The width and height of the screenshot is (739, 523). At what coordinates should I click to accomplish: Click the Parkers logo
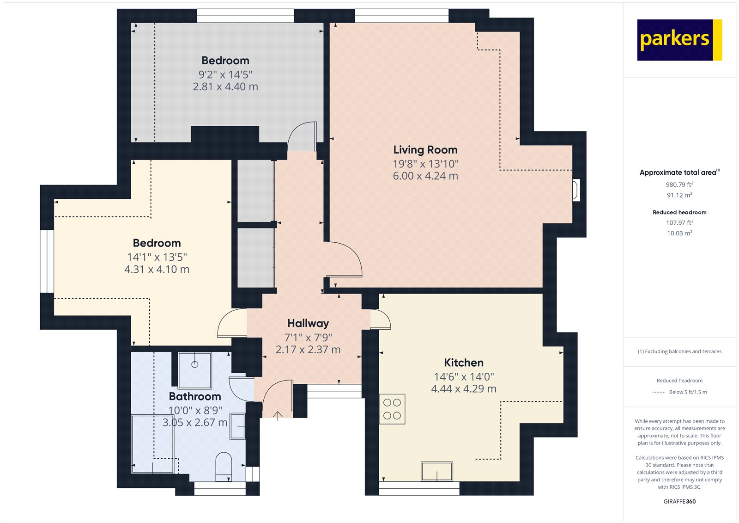679,40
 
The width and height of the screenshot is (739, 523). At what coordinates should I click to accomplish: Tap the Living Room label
425,150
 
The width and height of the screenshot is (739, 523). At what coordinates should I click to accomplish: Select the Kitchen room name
463,363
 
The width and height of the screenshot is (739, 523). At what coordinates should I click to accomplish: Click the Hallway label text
308,323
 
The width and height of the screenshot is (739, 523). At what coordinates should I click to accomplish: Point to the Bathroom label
194,396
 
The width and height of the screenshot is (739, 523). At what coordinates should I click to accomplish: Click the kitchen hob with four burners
392,409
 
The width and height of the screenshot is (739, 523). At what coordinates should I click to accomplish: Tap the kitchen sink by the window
436,471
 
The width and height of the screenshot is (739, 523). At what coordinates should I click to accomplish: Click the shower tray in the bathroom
194,370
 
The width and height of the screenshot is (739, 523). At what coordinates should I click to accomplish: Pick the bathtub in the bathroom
152,444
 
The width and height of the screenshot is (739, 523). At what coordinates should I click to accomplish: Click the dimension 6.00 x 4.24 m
425,176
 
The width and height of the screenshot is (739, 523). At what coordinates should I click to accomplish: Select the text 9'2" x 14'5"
225,74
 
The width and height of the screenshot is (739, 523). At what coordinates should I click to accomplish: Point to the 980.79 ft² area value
679,185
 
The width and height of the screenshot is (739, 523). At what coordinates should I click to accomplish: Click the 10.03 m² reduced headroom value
679,233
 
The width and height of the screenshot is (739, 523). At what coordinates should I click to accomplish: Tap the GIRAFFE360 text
679,501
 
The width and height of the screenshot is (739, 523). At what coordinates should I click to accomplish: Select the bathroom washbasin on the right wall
237,426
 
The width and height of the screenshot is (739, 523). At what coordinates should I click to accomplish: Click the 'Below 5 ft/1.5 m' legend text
687,392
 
